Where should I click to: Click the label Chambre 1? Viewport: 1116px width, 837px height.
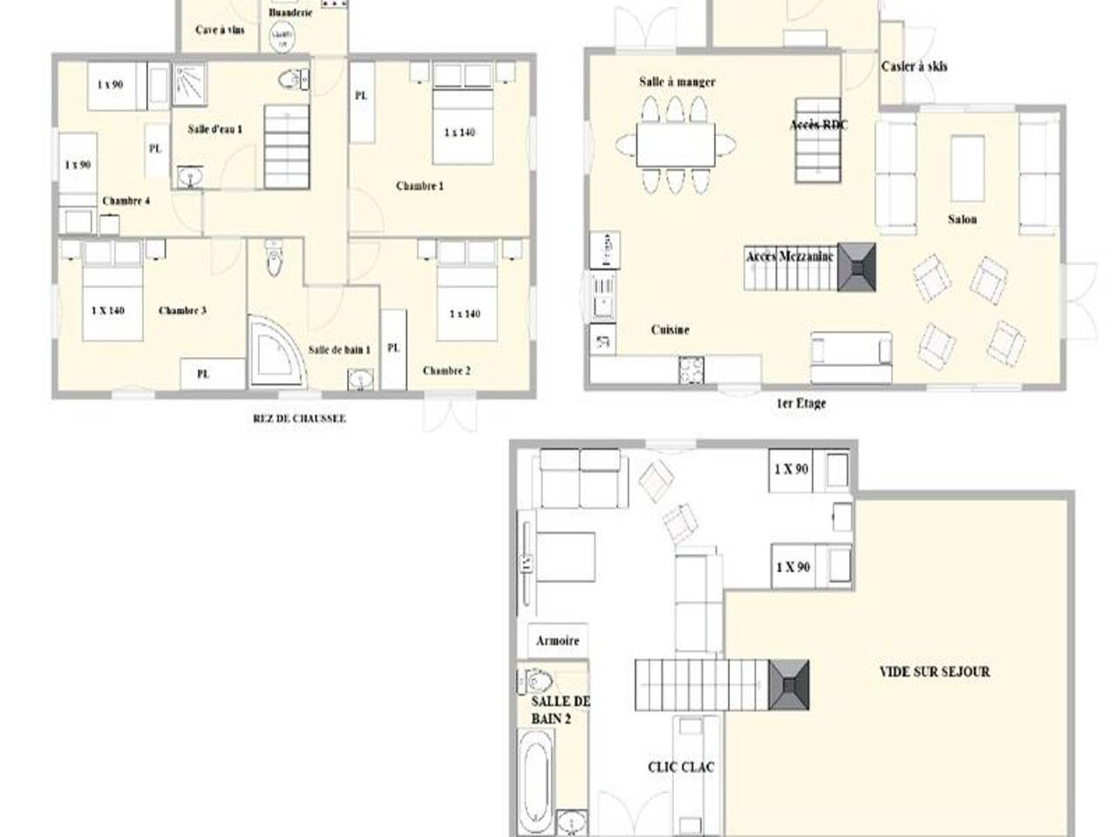pos(419,187)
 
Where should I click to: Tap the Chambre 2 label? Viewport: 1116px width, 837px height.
pos(446,371)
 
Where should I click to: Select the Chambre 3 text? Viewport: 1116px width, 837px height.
pos(182,311)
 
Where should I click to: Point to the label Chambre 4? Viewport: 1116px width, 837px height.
pos(126,201)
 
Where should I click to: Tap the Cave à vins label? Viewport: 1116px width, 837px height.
pos(220,31)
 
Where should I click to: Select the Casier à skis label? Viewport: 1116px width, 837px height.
pos(914,67)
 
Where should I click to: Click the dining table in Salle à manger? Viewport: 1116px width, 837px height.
pos(675,143)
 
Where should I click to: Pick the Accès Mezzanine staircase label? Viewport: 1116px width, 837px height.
pos(790,256)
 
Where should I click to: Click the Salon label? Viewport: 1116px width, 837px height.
pos(963,220)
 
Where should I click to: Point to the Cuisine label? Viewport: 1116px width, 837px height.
pos(670,330)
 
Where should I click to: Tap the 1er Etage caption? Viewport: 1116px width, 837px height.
pos(800,404)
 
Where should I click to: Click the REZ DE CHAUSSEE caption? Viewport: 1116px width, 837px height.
pos(299,418)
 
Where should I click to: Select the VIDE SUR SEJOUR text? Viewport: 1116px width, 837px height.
pos(934,672)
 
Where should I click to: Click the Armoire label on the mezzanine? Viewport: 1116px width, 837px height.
pos(557,641)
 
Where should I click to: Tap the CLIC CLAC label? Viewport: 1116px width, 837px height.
pos(681,767)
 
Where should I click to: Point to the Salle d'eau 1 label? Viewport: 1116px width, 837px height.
pos(214,129)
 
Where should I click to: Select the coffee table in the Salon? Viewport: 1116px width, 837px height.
pos(967,168)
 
